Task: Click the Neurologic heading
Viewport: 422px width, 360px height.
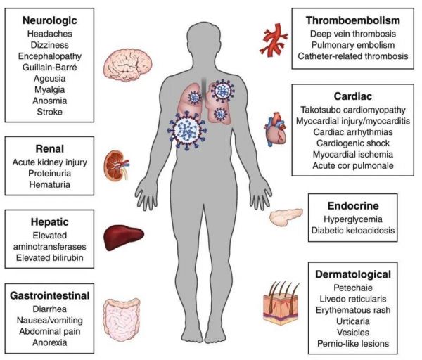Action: pyautogui.click(x=49, y=20)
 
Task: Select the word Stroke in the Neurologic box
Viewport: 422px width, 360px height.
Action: pyautogui.click(x=49, y=112)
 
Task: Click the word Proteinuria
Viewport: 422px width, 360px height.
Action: pyautogui.click(x=49, y=174)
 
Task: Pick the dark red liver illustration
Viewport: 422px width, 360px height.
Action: pyautogui.click(x=124, y=238)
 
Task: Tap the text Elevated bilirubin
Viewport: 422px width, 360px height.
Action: pyautogui.click(x=49, y=258)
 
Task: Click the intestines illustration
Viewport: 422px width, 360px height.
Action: pyautogui.click(x=122, y=320)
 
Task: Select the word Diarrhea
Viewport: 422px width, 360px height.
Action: pyautogui.click(x=49, y=309)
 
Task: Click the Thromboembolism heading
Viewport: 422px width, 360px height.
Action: pyautogui.click(x=353, y=20)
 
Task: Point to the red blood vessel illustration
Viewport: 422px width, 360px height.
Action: pyautogui.click(x=274, y=39)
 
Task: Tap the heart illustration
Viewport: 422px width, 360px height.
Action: pyautogui.click(x=275, y=129)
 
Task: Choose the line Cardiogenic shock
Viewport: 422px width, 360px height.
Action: pyautogui.click(x=353, y=143)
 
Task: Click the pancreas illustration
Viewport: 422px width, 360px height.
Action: pyautogui.click(x=286, y=217)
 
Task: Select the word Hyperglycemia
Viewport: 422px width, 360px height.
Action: pyautogui.click(x=353, y=219)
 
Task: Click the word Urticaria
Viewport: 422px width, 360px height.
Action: pyautogui.click(x=353, y=321)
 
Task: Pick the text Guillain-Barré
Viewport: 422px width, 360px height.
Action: pyautogui.click(x=49, y=67)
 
